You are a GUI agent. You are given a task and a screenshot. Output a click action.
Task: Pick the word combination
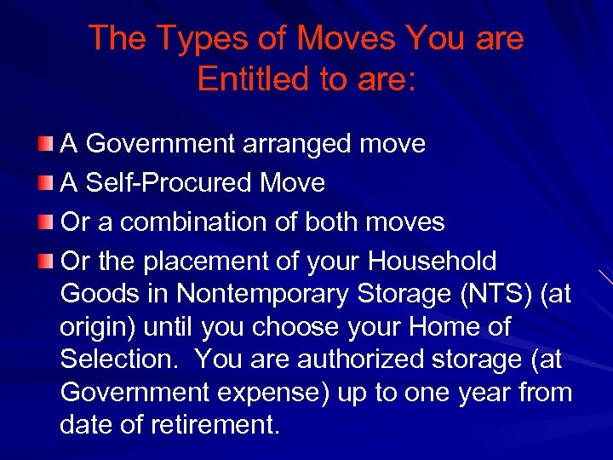tap(192, 222)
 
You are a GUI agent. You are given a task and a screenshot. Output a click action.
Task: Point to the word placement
tap(221, 262)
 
